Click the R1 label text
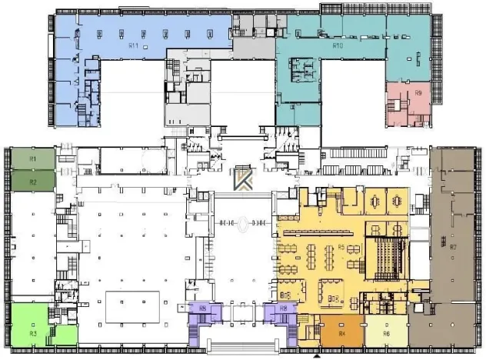33,158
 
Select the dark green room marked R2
33,181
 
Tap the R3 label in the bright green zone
33,334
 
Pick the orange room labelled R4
341,333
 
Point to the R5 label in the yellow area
339,247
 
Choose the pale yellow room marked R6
386,333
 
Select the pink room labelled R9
418,93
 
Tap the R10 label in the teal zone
337,46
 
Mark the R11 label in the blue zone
132,46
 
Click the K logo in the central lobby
243,178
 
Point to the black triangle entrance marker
316,355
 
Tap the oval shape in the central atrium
243,224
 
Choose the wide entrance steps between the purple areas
243,345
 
